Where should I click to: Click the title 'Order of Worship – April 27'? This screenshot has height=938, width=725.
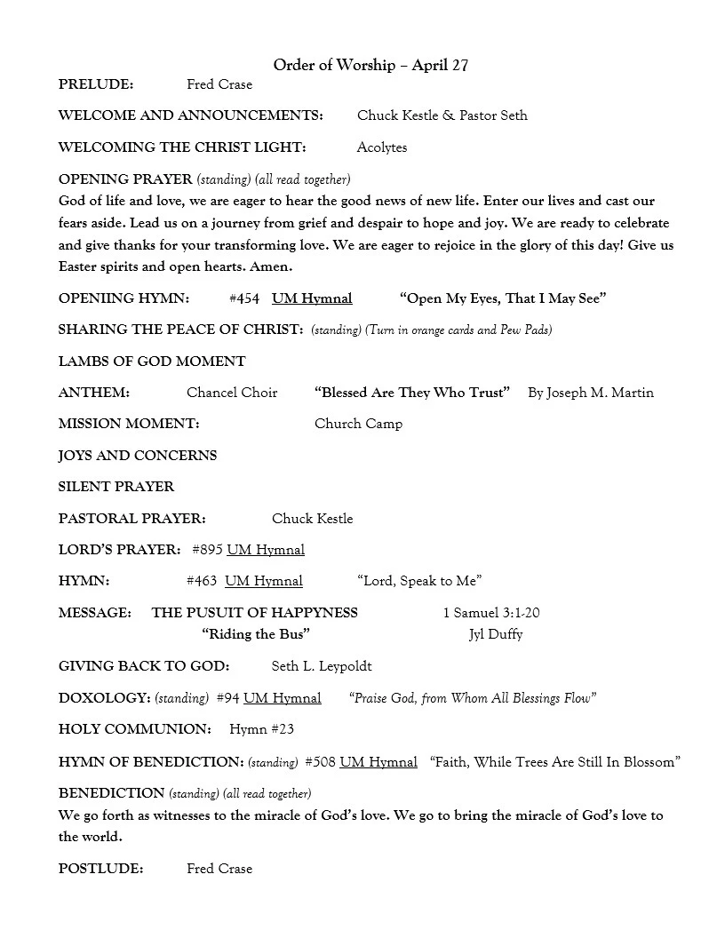click(370, 65)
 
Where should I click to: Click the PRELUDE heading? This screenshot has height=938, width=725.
click(96, 84)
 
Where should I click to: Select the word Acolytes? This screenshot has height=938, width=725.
click(382, 147)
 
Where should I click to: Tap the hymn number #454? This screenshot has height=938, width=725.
click(243, 298)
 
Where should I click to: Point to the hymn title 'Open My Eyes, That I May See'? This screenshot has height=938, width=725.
click(503, 298)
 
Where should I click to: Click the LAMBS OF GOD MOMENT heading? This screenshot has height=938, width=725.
click(152, 362)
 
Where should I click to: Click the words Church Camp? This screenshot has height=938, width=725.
click(358, 424)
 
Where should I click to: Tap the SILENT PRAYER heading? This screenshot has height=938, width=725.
click(116, 487)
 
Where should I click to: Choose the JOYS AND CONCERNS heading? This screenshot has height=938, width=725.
click(138, 456)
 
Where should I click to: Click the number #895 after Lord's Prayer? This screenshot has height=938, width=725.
click(208, 550)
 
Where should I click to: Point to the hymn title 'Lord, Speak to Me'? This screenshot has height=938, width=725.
click(419, 581)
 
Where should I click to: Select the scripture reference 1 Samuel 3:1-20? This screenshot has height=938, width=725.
click(491, 613)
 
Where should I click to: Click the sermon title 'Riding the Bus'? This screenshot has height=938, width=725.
click(256, 634)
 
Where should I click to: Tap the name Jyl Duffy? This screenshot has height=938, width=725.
click(496, 634)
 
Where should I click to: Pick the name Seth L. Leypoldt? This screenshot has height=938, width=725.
click(322, 666)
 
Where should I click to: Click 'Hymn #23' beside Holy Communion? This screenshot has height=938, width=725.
click(261, 729)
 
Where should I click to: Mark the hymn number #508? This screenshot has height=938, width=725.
click(320, 762)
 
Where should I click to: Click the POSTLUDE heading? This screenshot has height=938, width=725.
click(100, 869)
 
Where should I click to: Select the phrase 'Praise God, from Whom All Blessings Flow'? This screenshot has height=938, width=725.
click(473, 698)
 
